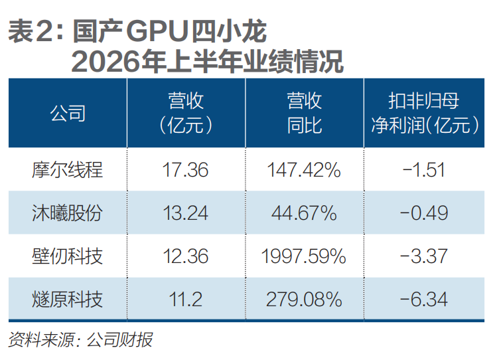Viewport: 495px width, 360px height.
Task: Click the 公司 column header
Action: pos(68,113)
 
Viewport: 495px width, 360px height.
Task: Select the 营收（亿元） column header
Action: pos(186,113)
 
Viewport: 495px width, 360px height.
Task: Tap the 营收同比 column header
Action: pos(305,113)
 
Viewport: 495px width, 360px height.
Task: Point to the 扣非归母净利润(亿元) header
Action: pos(424,113)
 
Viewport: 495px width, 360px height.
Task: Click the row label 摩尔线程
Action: pos(67,170)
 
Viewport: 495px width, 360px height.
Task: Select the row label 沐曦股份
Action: pos(67,213)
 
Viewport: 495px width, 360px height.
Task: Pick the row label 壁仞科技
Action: pos(67,256)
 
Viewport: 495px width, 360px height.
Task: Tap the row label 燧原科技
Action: pos(67,299)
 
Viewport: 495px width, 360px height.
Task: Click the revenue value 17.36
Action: pos(185,170)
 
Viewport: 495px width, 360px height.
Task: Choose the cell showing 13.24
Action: pos(185,213)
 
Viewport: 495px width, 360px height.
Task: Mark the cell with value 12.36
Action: pos(185,256)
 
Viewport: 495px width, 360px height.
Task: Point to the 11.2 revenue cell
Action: pos(185,299)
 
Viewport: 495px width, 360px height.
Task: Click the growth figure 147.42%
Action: pos(304,170)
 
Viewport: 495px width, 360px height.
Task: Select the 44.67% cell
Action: pos(304,213)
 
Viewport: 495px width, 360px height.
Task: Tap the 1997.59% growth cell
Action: pos(304,256)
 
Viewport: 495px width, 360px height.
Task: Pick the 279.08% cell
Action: pos(304,299)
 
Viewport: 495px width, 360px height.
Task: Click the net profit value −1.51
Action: pos(424,170)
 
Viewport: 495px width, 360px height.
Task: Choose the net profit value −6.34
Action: pos(424,299)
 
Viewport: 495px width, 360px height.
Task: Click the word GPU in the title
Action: pos(157,31)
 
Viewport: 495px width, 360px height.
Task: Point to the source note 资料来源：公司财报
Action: pos(80,340)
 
